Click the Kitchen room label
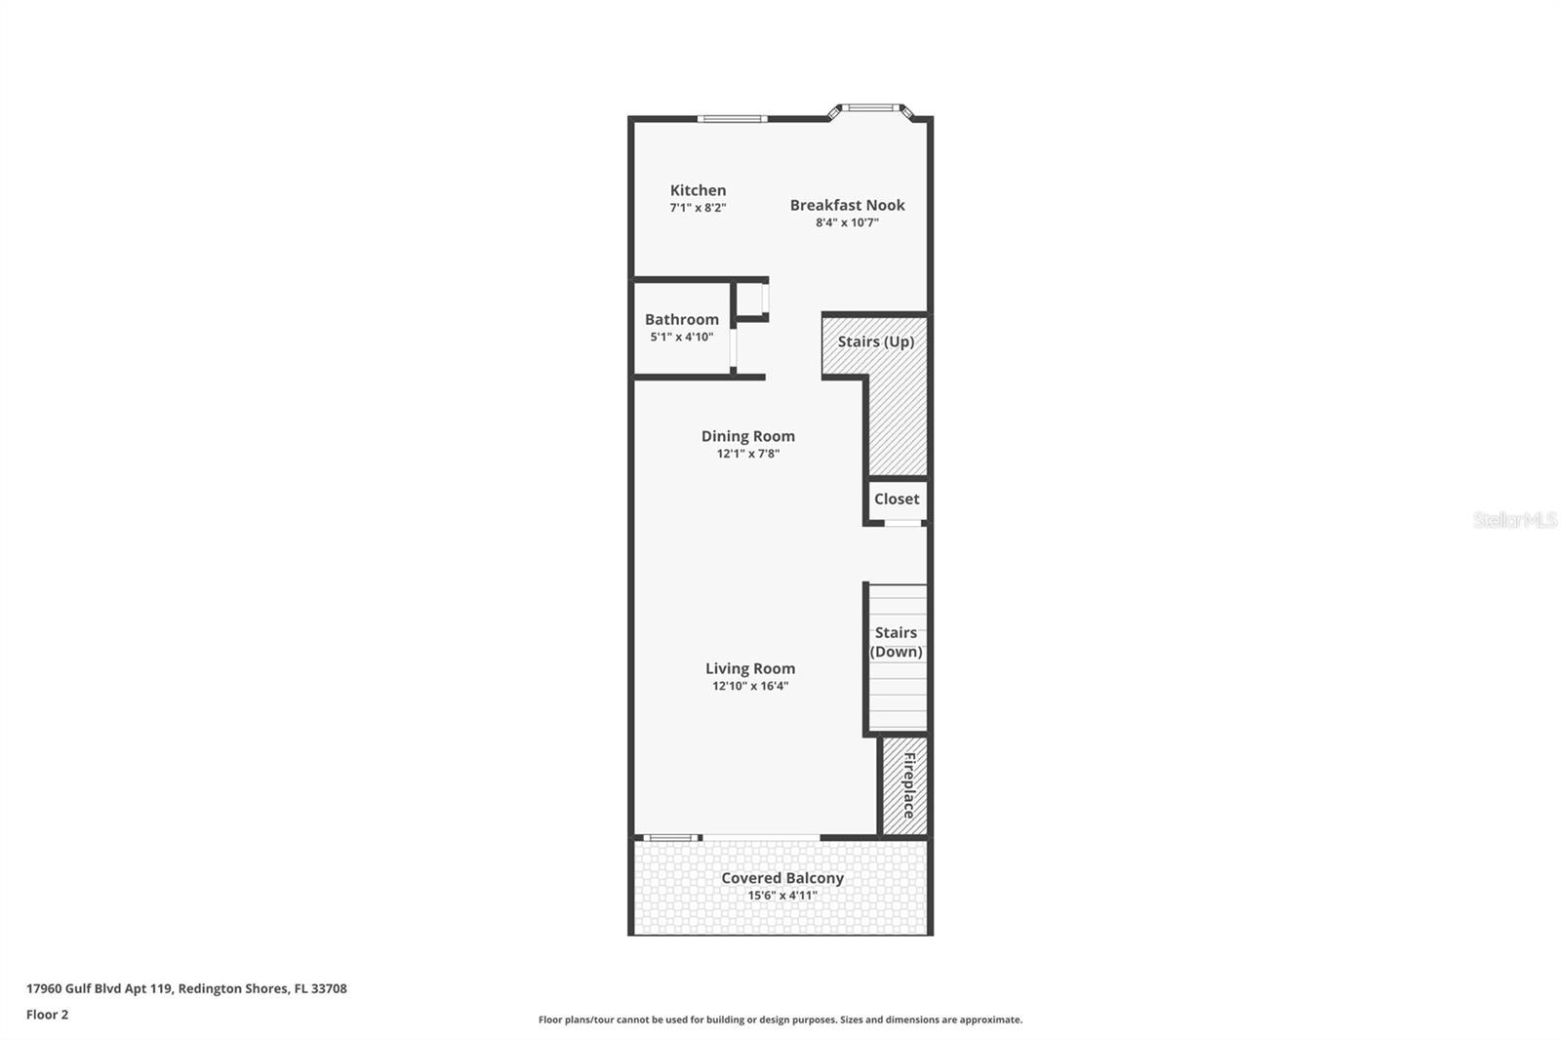[698, 190]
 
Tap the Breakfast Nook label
[847, 205]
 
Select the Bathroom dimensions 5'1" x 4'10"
[682, 338]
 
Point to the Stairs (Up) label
[875, 341]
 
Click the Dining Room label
[748, 436]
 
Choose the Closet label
[897, 499]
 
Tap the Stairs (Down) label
[896, 642]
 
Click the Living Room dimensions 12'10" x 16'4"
[750, 686]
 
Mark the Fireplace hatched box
[905, 785]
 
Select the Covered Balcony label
[782, 878]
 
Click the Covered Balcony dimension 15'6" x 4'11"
[782, 896]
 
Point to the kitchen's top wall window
[732, 119]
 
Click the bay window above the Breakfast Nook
[869, 107]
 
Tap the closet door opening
[903, 523]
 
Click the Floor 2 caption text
[47, 1015]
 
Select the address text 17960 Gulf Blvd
[185, 988]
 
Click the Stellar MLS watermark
[1514, 520]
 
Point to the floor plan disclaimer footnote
[780, 1020]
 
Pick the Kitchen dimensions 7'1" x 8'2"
[698, 208]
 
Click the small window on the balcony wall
[671, 837]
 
